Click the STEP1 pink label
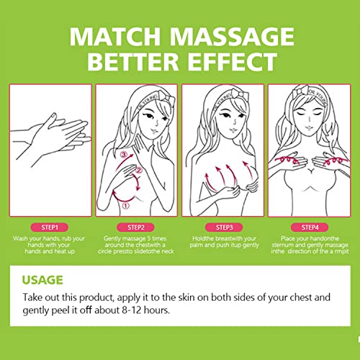(x=50, y=228)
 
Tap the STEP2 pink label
(x=135, y=228)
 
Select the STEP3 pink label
(x=224, y=228)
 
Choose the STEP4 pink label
(x=310, y=228)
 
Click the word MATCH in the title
(x=115, y=37)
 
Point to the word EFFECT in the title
(x=233, y=62)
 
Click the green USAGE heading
(x=42, y=280)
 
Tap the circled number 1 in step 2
(x=126, y=205)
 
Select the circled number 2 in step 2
(x=139, y=171)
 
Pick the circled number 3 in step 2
(x=124, y=154)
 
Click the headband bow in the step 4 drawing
(x=300, y=91)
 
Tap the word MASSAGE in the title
(x=232, y=37)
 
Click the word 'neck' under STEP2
(x=168, y=251)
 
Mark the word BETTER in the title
(x=133, y=62)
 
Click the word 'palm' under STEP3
(x=196, y=246)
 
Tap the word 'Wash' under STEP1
(x=20, y=238)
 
